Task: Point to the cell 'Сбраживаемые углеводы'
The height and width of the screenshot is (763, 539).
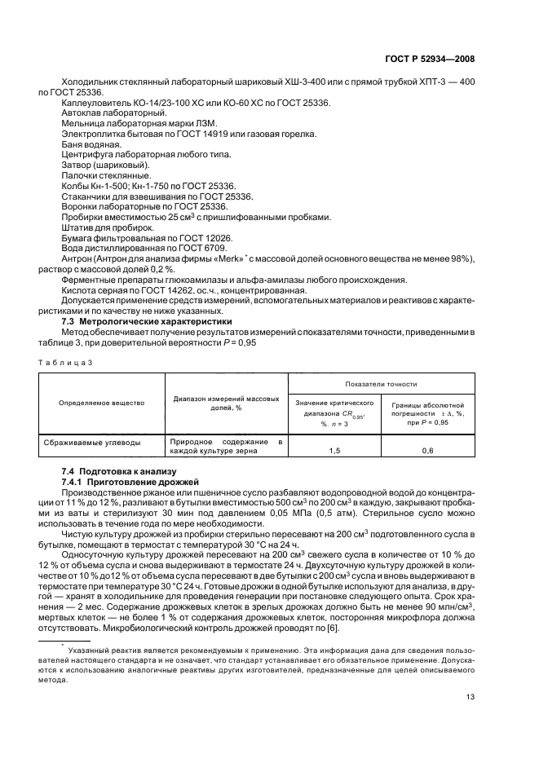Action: (91, 443)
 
